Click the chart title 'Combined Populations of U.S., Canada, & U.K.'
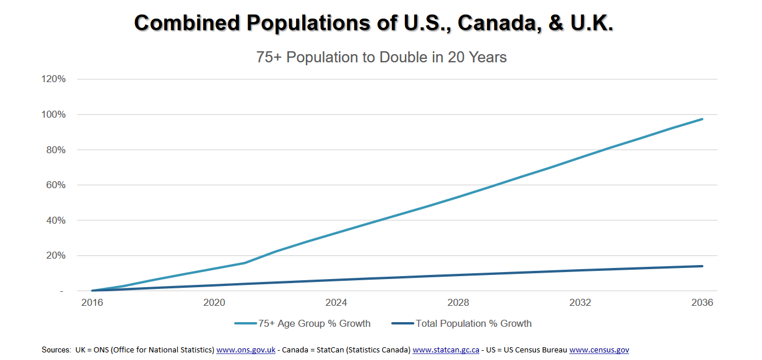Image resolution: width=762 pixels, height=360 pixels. [x=373, y=23]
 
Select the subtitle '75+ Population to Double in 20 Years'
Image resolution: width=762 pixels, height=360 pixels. [x=381, y=57]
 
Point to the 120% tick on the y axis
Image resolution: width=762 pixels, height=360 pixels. [x=54, y=79]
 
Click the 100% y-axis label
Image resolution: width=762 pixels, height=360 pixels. [x=54, y=115]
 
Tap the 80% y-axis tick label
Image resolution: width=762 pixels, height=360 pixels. [x=55, y=150]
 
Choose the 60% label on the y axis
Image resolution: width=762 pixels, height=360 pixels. [x=55, y=185]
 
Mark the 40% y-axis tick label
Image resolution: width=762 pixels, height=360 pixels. [x=55, y=220]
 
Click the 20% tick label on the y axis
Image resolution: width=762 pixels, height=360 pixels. [x=55, y=256]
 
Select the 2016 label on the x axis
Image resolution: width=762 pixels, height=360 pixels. [x=92, y=303]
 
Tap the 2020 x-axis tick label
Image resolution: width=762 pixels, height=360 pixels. [x=214, y=303]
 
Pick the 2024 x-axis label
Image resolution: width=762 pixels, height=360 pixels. [x=336, y=303]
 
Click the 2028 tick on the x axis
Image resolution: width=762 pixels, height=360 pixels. [x=458, y=303]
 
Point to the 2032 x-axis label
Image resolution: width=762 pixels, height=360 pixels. [x=580, y=303]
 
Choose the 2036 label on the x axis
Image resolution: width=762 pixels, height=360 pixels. [x=702, y=303]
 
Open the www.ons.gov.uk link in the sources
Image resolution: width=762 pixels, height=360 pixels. [x=246, y=350]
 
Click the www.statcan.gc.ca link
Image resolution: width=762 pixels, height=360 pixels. [x=446, y=350]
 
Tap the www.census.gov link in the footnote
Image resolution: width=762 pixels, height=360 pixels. [x=599, y=350]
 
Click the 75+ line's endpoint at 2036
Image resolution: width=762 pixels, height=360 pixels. [x=702, y=119]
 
